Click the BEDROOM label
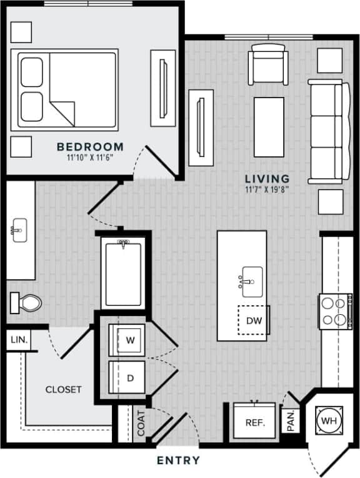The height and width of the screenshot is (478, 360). pos(90,147)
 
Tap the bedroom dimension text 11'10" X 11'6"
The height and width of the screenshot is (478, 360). pos(90,158)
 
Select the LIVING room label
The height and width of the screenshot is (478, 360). pos(267,178)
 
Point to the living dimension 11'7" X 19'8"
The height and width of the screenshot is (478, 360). pos(267,189)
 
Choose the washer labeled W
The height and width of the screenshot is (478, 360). pos(130,340)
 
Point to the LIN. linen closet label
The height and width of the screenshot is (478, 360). pos(18,340)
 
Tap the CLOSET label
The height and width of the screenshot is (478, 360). pos(63,389)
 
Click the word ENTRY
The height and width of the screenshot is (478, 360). pos(179,461)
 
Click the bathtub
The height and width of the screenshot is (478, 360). pos(124,273)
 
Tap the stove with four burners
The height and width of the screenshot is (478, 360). pos(333,311)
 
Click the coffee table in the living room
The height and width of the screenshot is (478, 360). pos(269,127)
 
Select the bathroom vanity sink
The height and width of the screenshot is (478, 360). pos(19,229)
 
